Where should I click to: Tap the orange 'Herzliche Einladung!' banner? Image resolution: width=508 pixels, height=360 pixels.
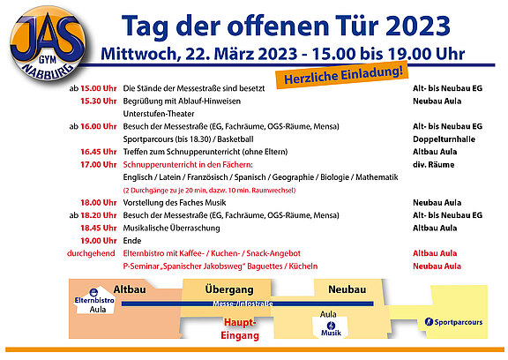tap(342, 75)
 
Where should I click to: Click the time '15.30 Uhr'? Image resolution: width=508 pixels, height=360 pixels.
tap(99, 101)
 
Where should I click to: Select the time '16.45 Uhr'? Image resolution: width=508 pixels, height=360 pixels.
tap(99, 152)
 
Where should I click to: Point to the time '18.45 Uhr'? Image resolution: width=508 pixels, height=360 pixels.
tap(99, 228)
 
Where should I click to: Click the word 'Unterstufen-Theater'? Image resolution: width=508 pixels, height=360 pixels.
tap(159, 114)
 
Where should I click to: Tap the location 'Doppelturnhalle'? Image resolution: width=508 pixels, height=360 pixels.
tap(444, 139)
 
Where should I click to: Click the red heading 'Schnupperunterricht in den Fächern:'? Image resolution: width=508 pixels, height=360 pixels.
tap(188, 165)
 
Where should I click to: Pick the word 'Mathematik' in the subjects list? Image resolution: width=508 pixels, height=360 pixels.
tap(377, 177)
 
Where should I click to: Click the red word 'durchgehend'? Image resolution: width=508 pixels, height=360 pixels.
tap(91, 253)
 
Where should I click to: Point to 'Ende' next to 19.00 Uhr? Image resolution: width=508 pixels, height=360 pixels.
tap(132, 241)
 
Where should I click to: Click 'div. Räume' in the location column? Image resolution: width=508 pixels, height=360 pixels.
tap(434, 165)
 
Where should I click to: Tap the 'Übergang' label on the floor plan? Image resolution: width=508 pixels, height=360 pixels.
tap(229, 289)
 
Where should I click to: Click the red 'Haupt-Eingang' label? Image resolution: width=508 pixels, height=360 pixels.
tap(240, 329)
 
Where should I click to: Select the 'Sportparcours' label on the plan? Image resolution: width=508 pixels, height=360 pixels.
tap(458, 322)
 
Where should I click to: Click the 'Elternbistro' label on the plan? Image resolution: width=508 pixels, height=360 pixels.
tap(94, 300)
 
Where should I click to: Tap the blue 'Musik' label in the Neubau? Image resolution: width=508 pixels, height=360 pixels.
tap(331, 333)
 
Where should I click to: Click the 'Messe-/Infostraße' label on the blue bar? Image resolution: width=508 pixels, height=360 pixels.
tap(243, 304)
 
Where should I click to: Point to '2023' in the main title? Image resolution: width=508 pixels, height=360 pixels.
tap(418, 26)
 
